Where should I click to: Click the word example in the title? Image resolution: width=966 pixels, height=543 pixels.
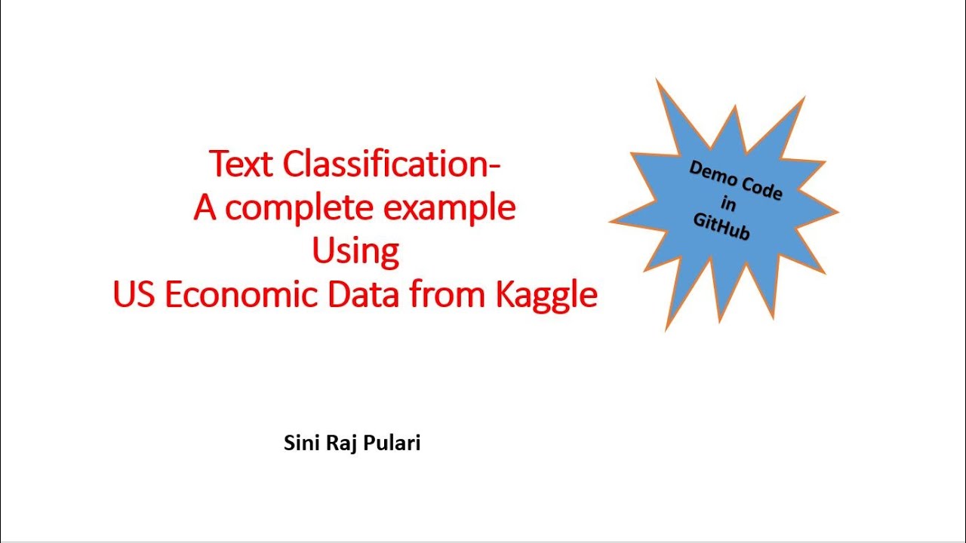(x=461, y=208)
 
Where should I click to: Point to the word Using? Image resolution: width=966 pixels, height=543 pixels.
(x=355, y=252)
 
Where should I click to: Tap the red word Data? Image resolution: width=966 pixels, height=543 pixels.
(x=365, y=295)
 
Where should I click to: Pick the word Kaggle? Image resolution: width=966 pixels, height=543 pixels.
(x=546, y=295)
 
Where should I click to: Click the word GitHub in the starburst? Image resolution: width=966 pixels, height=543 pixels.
(x=721, y=225)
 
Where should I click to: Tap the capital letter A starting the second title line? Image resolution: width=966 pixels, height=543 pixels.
(x=205, y=208)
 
